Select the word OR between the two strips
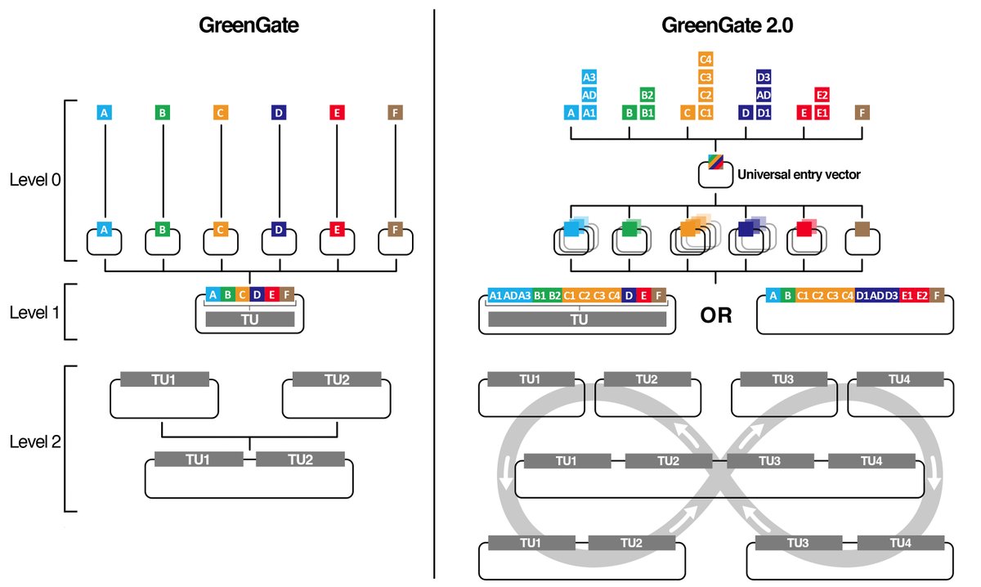(x=715, y=315)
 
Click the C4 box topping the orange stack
(x=706, y=59)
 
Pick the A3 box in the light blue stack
(x=589, y=77)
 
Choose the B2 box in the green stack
(x=647, y=95)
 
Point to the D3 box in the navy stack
(x=764, y=77)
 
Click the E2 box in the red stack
(x=822, y=95)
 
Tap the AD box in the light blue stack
(x=589, y=95)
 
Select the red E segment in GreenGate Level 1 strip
(x=271, y=294)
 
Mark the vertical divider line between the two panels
(x=433, y=294)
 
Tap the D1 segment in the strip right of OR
(x=862, y=295)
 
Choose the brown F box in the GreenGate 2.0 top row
(x=862, y=113)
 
